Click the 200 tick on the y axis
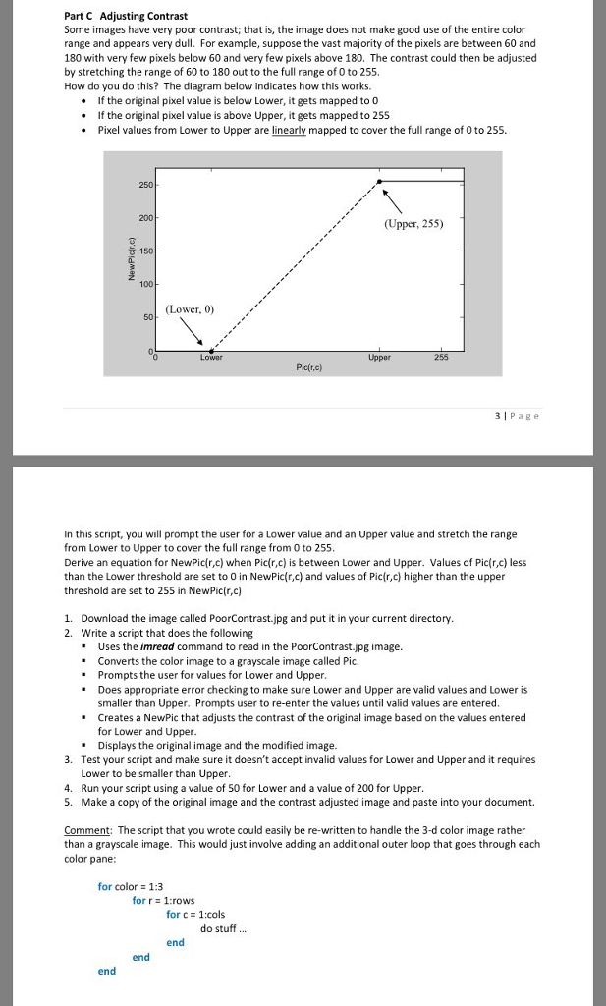tap(144, 216)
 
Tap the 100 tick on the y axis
tap(144, 284)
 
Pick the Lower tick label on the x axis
tap(211, 358)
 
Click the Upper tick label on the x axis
tap(380, 358)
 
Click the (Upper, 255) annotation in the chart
tap(413, 224)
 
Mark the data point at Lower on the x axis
tap(211, 350)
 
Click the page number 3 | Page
tap(518, 416)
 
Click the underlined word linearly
tap(292, 130)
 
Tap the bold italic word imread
tap(159, 646)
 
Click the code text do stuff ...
tap(224, 928)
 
